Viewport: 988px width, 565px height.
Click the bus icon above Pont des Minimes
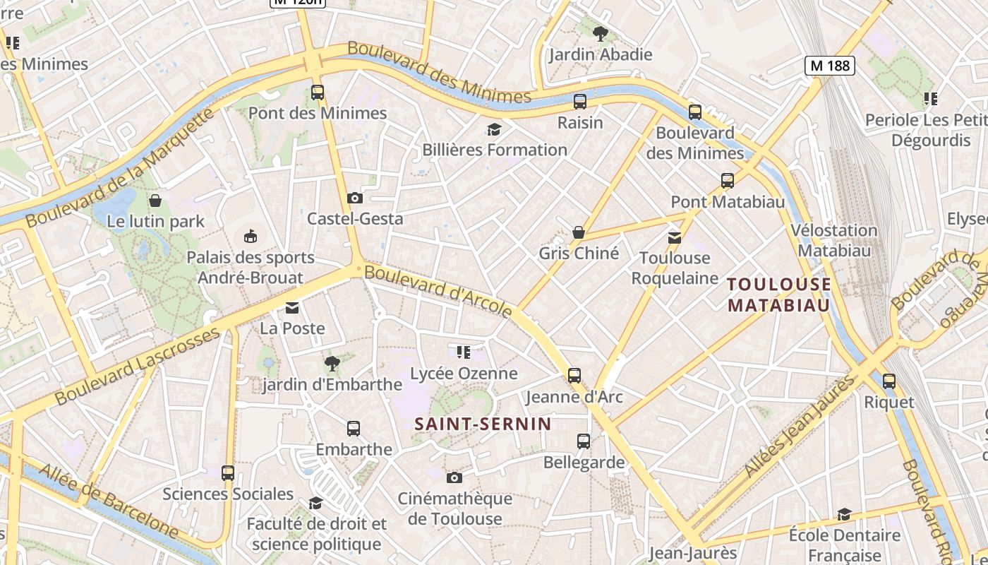[x=318, y=92]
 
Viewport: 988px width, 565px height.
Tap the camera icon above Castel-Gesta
[x=355, y=198]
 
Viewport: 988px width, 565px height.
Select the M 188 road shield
[x=830, y=66]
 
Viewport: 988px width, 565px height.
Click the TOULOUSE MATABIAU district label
[x=778, y=295]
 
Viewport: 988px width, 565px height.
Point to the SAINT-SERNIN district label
[x=483, y=424]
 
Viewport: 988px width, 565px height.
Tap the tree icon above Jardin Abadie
[x=600, y=33]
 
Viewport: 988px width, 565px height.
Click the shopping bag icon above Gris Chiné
[x=579, y=232]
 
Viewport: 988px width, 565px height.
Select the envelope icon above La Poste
[x=292, y=308]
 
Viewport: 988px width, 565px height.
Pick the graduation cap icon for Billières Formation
[x=494, y=129]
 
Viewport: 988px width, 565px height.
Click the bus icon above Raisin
[x=580, y=102]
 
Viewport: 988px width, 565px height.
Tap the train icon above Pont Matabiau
[x=728, y=181]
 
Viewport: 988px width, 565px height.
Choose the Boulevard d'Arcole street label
[x=438, y=290]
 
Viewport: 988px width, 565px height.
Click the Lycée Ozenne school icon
[x=464, y=352]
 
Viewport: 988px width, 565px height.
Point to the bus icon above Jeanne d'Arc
[x=574, y=375]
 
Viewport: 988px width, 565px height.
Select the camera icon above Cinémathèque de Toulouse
[x=454, y=477]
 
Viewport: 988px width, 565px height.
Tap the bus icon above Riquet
[x=889, y=381]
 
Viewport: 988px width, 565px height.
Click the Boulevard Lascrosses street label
[x=138, y=367]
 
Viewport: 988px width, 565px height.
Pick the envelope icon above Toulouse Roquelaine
[x=675, y=237]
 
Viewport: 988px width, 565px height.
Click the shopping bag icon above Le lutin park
[x=155, y=201]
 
